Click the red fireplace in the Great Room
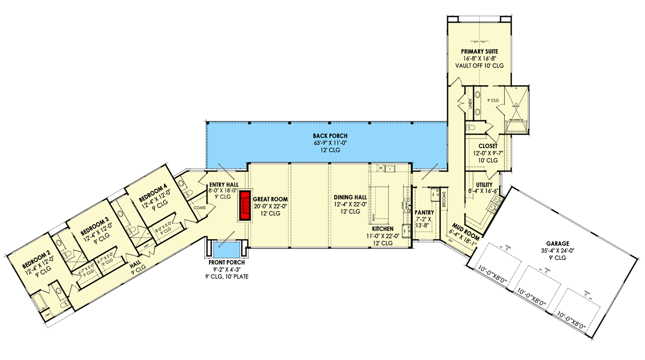[x=246, y=205]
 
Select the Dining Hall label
[x=349, y=197]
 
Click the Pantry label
[x=424, y=213]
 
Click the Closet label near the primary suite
[x=488, y=146]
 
